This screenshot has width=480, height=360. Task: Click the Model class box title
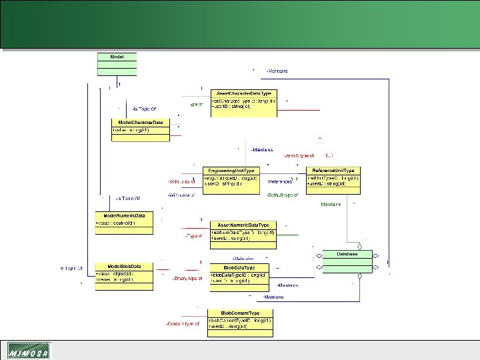click(x=116, y=57)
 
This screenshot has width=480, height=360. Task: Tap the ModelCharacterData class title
click(x=141, y=123)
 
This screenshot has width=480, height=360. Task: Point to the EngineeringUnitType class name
click(x=231, y=171)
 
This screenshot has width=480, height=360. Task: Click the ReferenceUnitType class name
click(x=333, y=171)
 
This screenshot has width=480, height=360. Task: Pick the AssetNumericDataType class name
click(x=244, y=225)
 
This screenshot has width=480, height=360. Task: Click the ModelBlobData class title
click(x=124, y=267)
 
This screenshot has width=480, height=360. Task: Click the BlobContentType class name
click(x=239, y=312)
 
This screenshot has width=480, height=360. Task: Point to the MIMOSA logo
click(x=28, y=350)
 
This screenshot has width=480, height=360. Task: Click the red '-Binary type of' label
click(x=186, y=278)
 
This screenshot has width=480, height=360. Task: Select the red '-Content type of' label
click(x=183, y=323)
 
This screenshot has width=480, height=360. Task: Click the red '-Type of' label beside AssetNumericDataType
click(x=193, y=235)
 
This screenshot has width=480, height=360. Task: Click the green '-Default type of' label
click(x=280, y=195)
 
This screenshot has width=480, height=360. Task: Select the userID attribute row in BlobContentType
click(x=229, y=327)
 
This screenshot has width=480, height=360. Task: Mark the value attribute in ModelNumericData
click(x=116, y=223)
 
